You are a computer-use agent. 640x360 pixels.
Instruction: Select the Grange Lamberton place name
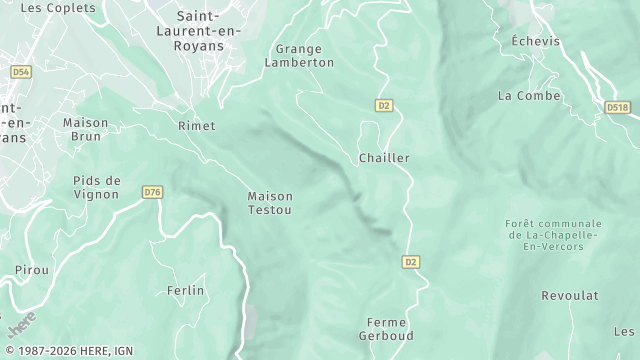(x=299, y=55)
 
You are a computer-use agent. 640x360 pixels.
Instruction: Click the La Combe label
(x=520, y=96)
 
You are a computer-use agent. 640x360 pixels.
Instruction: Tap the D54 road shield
(x=21, y=72)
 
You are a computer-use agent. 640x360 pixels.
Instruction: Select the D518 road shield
(x=616, y=106)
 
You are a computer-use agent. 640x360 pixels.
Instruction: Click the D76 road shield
(x=152, y=192)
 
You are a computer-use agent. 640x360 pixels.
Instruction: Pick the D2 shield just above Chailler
(x=383, y=105)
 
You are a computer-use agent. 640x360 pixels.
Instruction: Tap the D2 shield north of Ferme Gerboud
(x=410, y=262)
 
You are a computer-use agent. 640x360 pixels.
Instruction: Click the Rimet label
(x=196, y=126)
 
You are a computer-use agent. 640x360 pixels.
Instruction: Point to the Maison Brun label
(x=85, y=129)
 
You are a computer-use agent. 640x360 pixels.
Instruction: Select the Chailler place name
(x=384, y=158)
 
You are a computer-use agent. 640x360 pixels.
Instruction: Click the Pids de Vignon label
(x=97, y=187)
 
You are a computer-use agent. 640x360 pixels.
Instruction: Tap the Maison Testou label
(x=270, y=203)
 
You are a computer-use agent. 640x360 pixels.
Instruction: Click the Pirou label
(x=31, y=270)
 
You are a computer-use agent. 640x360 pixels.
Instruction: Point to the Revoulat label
(x=569, y=296)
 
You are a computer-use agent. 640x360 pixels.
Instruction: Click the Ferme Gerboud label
(x=386, y=329)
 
